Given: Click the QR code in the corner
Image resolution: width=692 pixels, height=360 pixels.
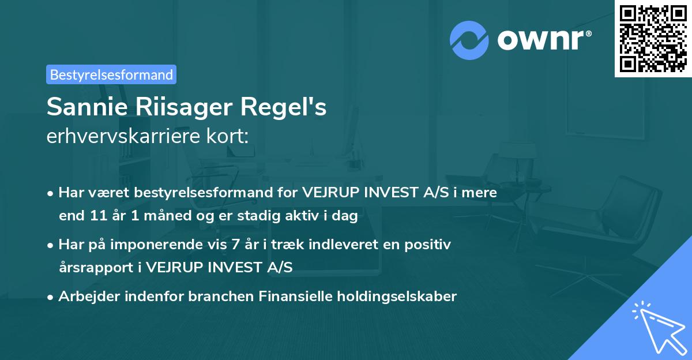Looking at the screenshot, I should point(653,39).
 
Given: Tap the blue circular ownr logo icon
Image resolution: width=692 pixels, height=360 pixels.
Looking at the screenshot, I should point(469,39).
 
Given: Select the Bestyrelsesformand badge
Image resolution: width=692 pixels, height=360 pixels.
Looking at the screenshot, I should point(111,74).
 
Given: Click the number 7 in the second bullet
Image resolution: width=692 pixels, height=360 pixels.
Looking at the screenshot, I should point(235,245).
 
